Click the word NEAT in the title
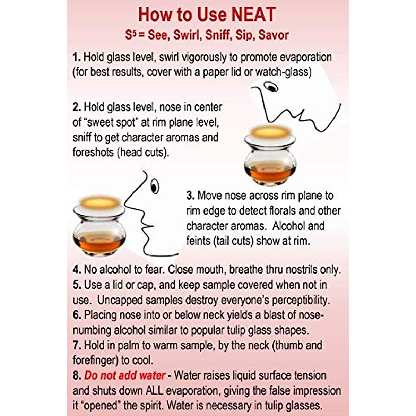click(x=253, y=15)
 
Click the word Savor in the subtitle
click(x=274, y=35)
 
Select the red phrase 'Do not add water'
click(x=125, y=375)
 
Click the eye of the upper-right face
click(x=271, y=87)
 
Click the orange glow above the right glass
click(x=270, y=132)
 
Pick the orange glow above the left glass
click(x=99, y=202)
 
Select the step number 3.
click(x=190, y=196)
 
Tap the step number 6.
click(x=77, y=315)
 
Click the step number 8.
click(x=77, y=375)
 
